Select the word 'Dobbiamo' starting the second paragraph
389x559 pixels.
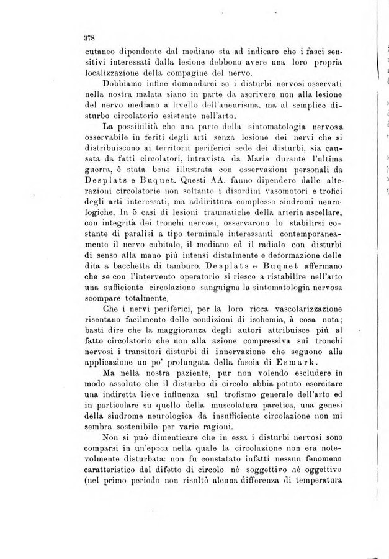(121, 84)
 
